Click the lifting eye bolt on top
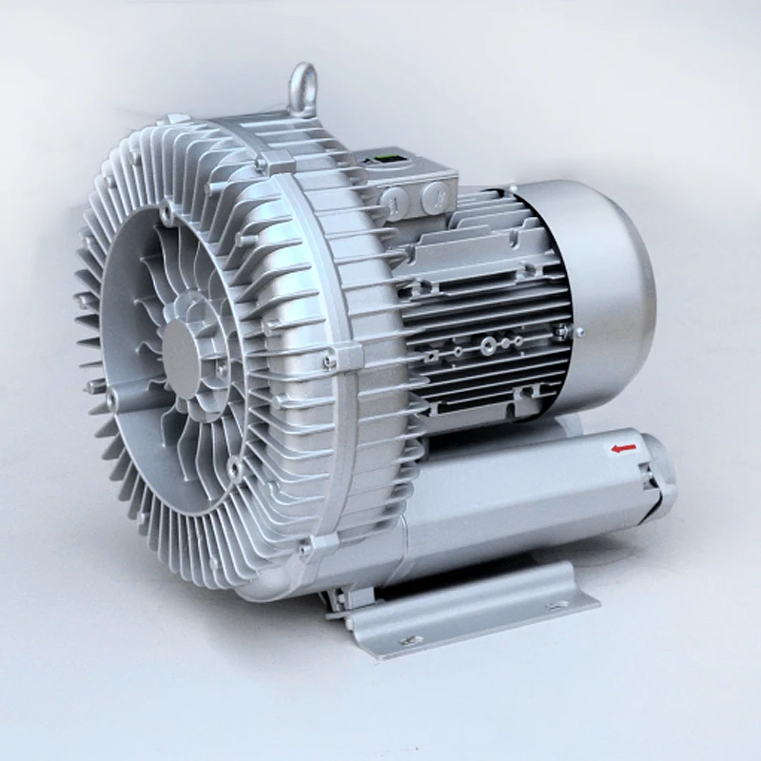click(x=302, y=87)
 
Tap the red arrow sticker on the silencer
click(x=624, y=446)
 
